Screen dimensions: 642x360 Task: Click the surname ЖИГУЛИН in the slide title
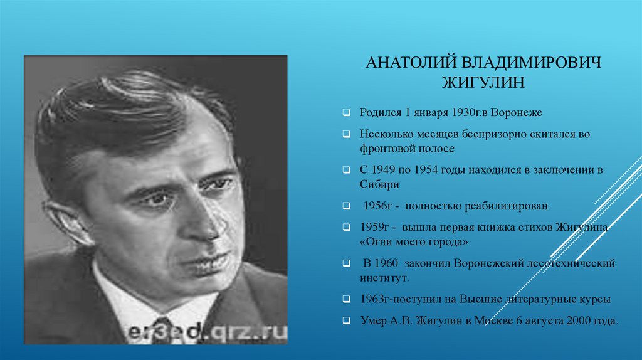point(483,82)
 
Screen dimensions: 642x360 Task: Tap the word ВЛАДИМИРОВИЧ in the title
point(532,63)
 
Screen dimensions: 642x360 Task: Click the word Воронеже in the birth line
point(516,113)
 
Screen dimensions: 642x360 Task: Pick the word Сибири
point(379,184)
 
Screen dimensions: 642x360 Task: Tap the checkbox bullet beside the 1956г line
point(346,206)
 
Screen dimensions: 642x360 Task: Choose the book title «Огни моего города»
point(414,241)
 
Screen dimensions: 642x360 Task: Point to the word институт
point(384,278)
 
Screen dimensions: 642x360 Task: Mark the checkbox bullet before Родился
point(346,112)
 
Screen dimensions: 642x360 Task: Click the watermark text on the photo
point(207,332)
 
